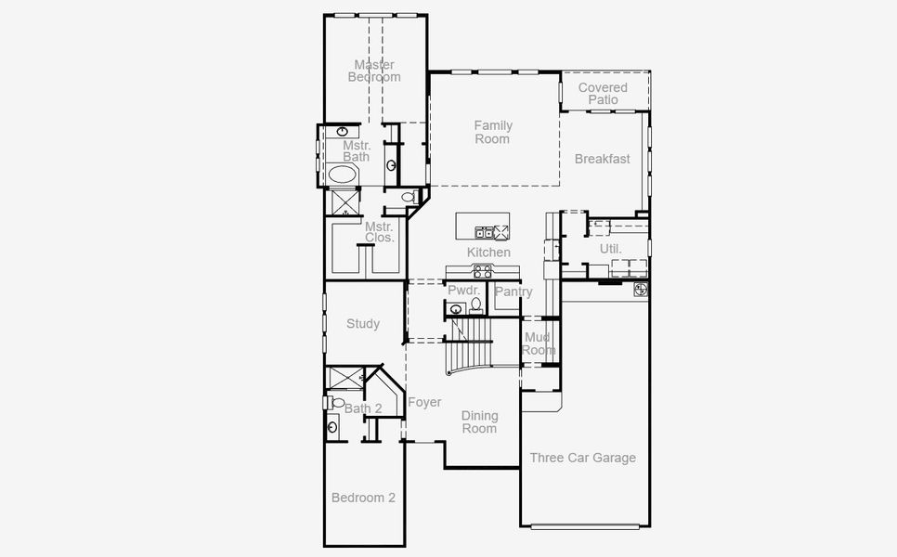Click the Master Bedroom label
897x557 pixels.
pyautogui.click(x=374, y=71)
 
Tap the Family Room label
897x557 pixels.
pyautogui.click(x=492, y=132)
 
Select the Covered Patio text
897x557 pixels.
pyautogui.click(x=603, y=94)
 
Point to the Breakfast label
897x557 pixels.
pyautogui.click(x=602, y=159)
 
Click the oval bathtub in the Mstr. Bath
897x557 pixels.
pyautogui.click(x=342, y=175)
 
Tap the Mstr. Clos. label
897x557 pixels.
pyautogui.click(x=379, y=232)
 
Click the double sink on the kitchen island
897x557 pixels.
pyautogui.click(x=484, y=231)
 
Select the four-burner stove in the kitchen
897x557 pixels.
pyautogui.click(x=482, y=271)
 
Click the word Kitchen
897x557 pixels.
pyautogui.click(x=488, y=253)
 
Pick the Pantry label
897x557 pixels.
pyautogui.click(x=513, y=291)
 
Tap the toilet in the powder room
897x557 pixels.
pyautogui.click(x=476, y=304)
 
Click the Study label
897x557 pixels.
pyautogui.click(x=363, y=324)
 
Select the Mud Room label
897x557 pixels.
pyautogui.click(x=539, y=343)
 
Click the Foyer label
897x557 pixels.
pyautogui.click(x=424, y=402)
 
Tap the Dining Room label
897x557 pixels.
pyautogui.click(x=480, y=422)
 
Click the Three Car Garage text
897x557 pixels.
pyautogui.click(x=582, y=458)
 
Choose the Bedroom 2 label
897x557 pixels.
pyautogui.click(x=363, y=498)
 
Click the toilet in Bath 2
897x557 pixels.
pyautogui.click(x=338, y=403)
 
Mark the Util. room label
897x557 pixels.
pyautogui.click(x=610, y=249)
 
